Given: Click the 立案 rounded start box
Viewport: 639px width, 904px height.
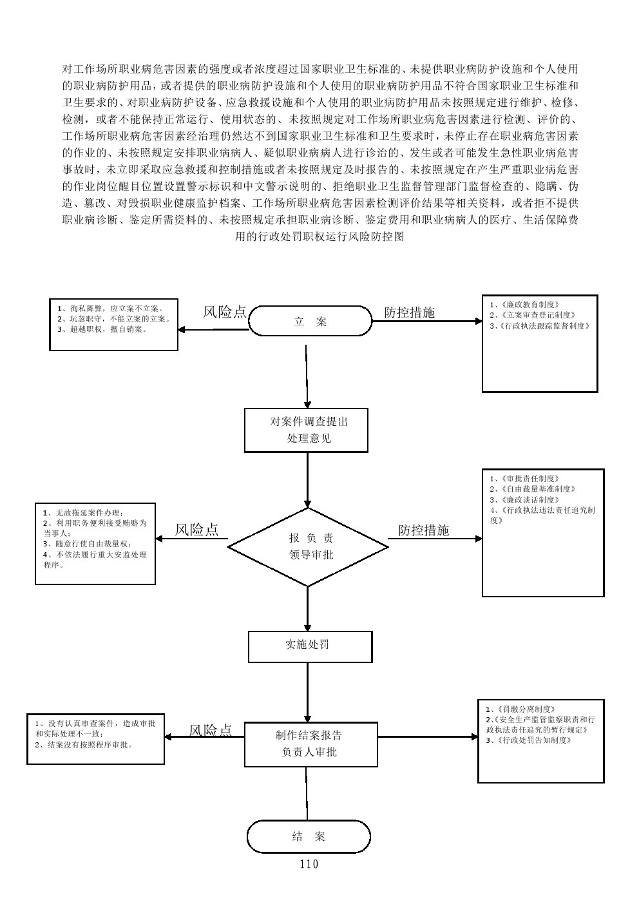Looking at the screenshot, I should [310, 322].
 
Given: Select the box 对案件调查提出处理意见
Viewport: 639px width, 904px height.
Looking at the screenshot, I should [306, 430].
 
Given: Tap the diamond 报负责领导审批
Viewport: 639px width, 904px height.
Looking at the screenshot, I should [308, 546].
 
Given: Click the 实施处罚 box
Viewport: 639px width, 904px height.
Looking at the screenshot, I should [310, 646].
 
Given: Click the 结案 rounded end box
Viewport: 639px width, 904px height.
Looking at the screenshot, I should [309, 836].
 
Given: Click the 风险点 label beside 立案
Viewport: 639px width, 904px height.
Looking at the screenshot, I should [224, 313].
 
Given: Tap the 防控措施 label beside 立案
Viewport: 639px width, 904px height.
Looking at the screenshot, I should [410, 313].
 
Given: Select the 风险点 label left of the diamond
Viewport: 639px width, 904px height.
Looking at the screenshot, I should [196, 530].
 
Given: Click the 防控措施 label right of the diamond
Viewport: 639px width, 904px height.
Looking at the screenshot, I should [423, 530].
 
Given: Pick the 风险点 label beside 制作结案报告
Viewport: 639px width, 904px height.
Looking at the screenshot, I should [210, 730].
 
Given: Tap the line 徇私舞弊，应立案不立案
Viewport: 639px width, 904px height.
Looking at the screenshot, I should [110, 309].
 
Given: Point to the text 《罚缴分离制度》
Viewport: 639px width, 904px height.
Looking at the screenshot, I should [522, 709].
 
